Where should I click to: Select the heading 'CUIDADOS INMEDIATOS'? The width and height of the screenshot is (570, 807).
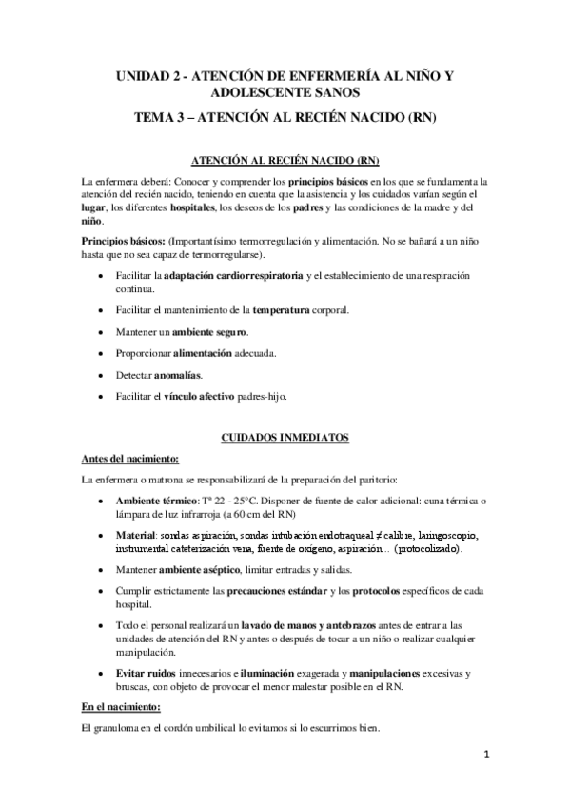[x=285, y=437]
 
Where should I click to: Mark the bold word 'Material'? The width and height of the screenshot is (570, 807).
[x=134, y=535]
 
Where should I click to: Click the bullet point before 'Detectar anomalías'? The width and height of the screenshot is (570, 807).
[x=103, y=375]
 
